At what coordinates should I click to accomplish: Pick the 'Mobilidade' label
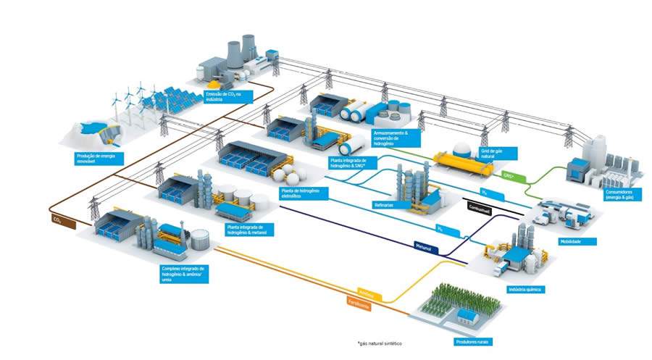tap(577, 241)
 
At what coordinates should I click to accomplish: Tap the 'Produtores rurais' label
tap(472, 340)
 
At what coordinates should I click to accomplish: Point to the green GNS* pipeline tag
tap(509, 175)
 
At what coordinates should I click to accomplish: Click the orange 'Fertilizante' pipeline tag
tap(359, 305)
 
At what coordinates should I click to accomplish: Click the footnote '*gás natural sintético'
tap(378, 343)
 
